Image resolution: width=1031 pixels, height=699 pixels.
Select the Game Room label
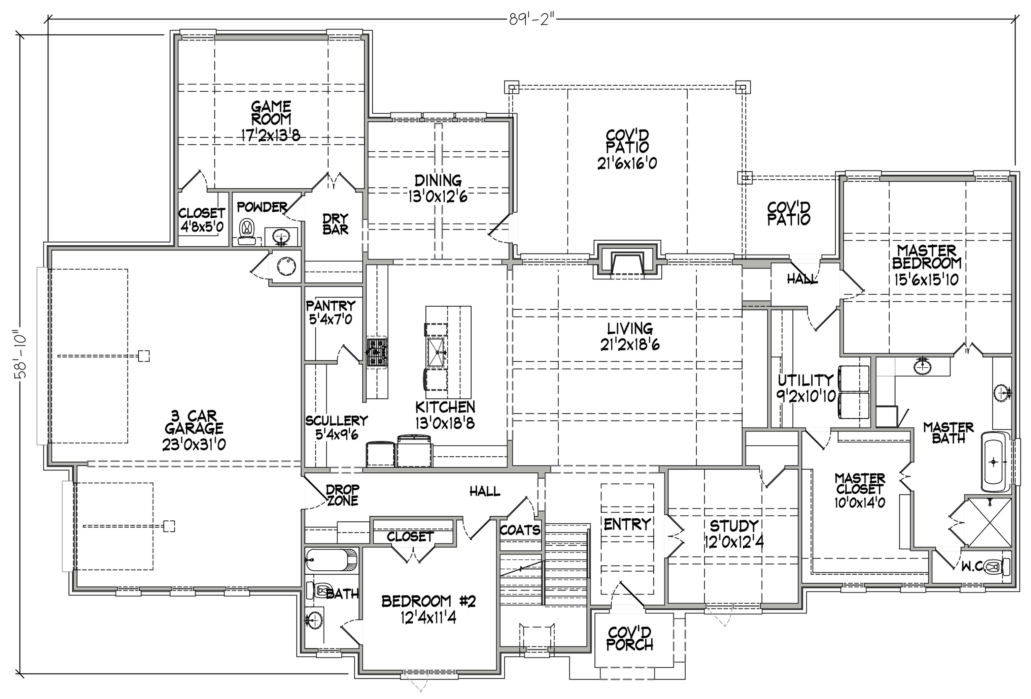[x=271, y=113]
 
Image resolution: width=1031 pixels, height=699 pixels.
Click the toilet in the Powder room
[x=245, y=232]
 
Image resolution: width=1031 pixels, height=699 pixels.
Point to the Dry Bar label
[x=335, y=224]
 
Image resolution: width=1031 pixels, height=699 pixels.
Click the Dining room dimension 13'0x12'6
[x=438, y=196]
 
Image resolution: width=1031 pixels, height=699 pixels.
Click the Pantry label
[x=331, y=306]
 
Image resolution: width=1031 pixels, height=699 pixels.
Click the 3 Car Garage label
[x=194, y=422]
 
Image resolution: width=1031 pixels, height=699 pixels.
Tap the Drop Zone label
[x=342, y=495]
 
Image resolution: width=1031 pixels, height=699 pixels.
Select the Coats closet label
[x=520, y=530]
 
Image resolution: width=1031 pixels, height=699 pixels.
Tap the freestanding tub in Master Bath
[x=996, y=461]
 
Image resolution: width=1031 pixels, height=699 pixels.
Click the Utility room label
[x=805, y=380]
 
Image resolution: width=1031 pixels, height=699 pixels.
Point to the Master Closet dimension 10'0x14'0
[x=859, y=502]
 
